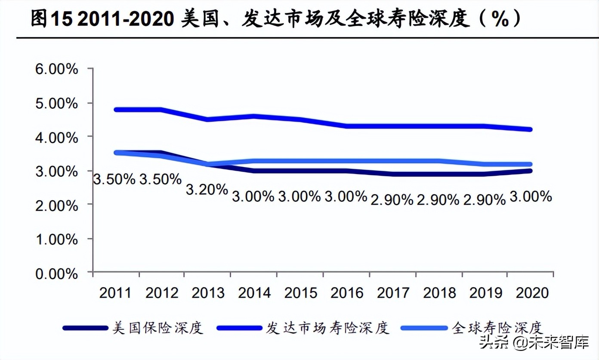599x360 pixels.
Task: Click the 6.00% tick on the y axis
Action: [56, 69]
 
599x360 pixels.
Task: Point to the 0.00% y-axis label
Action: [56, 274]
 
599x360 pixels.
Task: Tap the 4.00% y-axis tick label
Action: [56, 137]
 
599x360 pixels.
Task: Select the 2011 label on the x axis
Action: [115, 293]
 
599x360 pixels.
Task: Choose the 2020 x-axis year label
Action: [532, 293]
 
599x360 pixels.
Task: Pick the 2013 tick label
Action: [208, 293]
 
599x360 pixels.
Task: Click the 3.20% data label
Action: [207, 189]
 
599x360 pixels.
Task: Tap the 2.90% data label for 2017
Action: [392, 199]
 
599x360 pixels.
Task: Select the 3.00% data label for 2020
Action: [531, 197]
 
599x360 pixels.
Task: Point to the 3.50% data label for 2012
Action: [161, 179]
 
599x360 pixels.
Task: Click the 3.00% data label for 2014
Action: [253, 196]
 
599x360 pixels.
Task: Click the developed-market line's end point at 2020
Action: [530, 129]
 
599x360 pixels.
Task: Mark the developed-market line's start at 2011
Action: [116, 109]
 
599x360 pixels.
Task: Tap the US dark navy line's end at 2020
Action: [530, 171]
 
